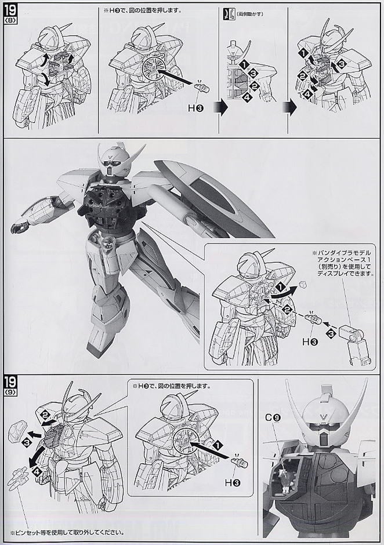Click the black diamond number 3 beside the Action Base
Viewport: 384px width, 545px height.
(330, 334)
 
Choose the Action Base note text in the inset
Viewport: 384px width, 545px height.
(342, 264)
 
